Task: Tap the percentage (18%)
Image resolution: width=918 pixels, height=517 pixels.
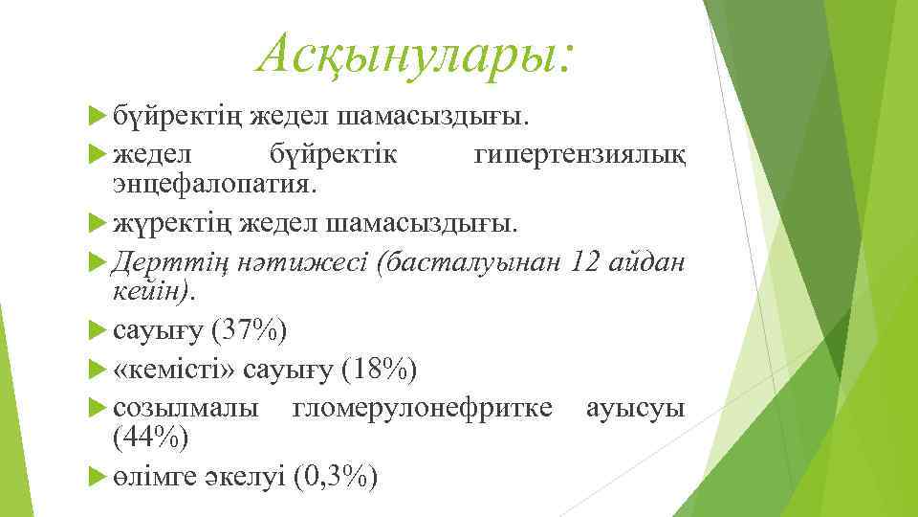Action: point(379,369)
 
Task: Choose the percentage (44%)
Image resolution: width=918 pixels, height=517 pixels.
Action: point(151,437)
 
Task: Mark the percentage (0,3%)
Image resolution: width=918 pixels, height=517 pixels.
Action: point(335,475)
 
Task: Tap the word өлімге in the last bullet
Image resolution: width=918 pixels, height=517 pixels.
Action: point(156,475)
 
